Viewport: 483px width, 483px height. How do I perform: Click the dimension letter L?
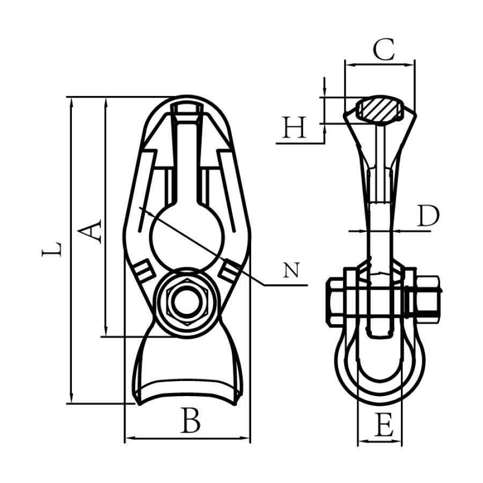(52, 249)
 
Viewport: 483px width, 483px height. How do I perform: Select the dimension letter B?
(191, 420)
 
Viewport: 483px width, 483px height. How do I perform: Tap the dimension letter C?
(384, 49)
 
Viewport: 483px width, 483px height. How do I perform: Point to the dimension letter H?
(295, 127)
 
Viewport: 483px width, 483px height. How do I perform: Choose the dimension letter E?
(384, 425)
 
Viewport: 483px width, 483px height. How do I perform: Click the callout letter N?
(291, 270)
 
